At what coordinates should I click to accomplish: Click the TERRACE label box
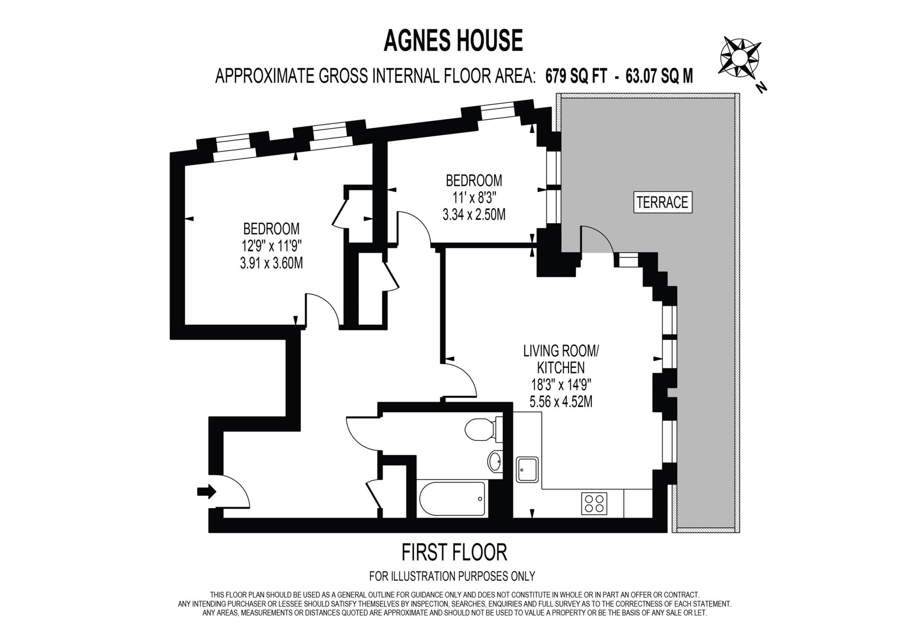coord(662,203)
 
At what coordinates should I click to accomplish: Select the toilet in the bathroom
coord(483,430)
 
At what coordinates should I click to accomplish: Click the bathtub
coord(452,499)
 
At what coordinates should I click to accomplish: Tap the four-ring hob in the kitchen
coord(594,503)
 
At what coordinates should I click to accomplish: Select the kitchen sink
coord(527,470)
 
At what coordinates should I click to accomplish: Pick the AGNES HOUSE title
coord(453,41)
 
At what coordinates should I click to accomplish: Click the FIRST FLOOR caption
coord(454,552)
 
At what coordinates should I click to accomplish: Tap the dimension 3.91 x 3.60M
coord(271,263)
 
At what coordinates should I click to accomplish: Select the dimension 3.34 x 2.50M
coord(474,215)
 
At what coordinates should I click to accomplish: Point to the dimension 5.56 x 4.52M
coord(561,402)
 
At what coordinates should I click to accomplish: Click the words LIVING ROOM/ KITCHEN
coord(561,359)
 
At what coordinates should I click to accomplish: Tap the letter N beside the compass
coord(762,88)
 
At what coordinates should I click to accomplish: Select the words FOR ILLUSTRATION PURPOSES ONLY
coord(452,576)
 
